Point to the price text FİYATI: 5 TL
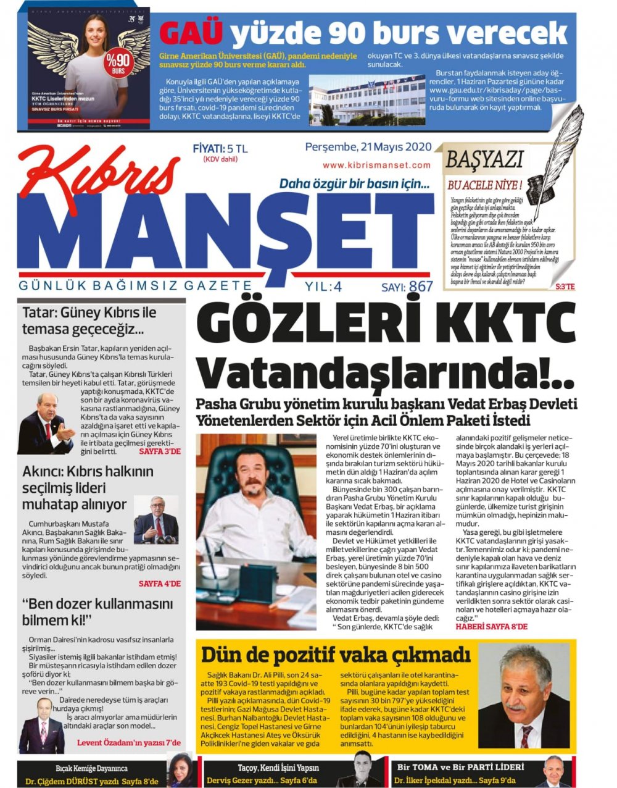[220, 149]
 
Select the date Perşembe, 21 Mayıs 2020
[368, 147]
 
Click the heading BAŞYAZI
[484, 159]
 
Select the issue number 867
[421, 287]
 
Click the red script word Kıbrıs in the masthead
[99, 179]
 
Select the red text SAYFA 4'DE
[159, 583]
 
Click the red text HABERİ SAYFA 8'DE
[492, 626]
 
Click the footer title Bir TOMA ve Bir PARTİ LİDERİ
[460, 767]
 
